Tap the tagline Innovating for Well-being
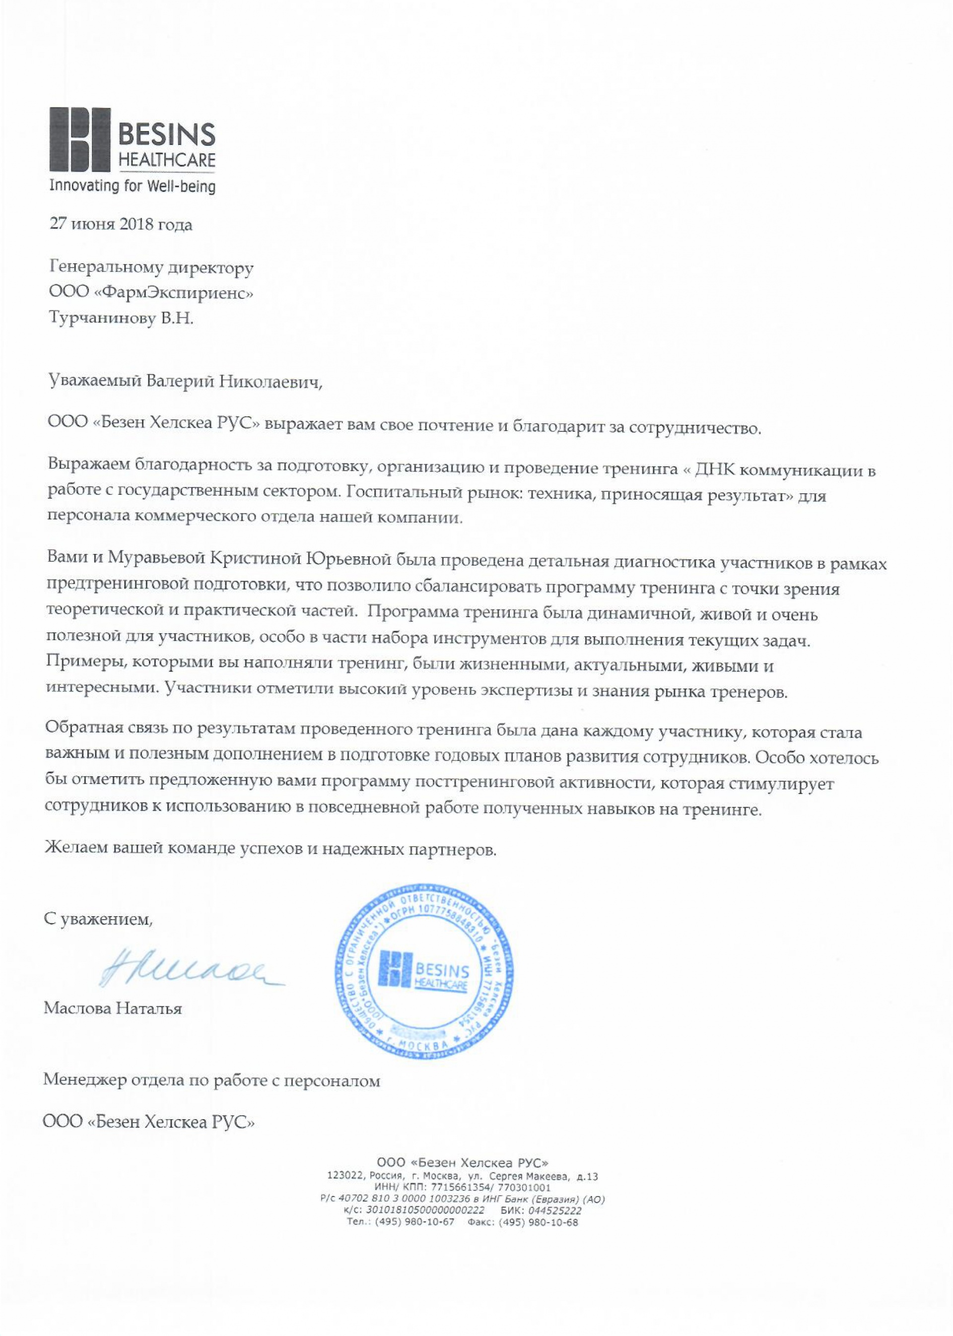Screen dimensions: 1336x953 132,187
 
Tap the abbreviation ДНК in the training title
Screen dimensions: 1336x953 712,470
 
